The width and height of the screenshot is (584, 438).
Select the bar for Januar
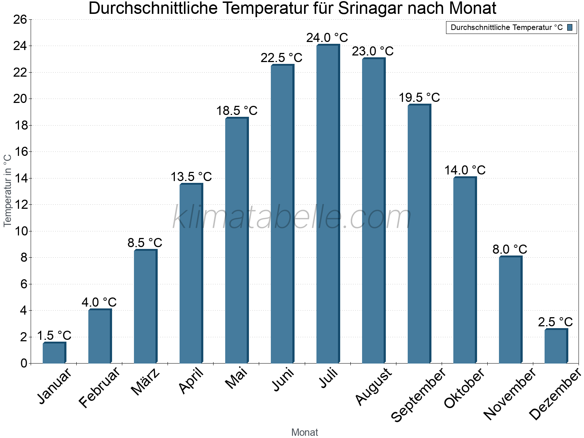54,353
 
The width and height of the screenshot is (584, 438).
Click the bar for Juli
328,204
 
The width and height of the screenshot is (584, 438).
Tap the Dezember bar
556,346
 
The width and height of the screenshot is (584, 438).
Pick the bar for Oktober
465,270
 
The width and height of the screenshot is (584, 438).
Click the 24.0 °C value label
327,38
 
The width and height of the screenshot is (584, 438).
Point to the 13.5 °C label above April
191,177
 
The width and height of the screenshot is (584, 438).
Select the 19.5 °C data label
419,97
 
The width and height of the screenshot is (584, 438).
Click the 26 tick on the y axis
20,19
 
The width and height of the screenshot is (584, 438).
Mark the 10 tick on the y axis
20,231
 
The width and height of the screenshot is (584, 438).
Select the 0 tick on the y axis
24,363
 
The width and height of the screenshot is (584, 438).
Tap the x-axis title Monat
304,432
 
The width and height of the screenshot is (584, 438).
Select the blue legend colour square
570,27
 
